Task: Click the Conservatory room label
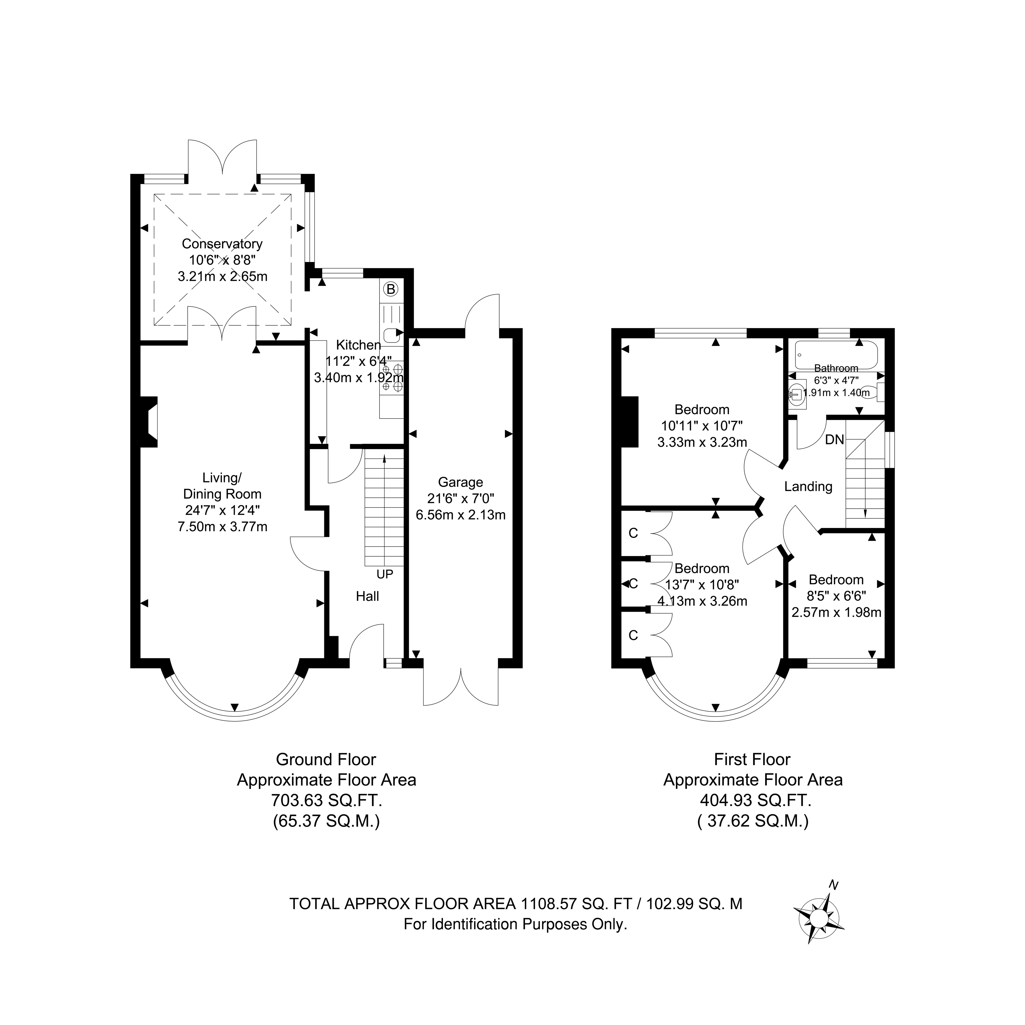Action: pyautogui.click(x=222, y=244)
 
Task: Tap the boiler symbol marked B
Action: pyautogui.click(x=391, y=289)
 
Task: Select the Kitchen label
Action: pyautogui.click(x=359, y=345)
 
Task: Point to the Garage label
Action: pyautogui.click(x=460, y=482)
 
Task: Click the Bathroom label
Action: pyautogui.click(x=836, y=368)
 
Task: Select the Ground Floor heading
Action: pyautogui.click(x=326, y=759)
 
